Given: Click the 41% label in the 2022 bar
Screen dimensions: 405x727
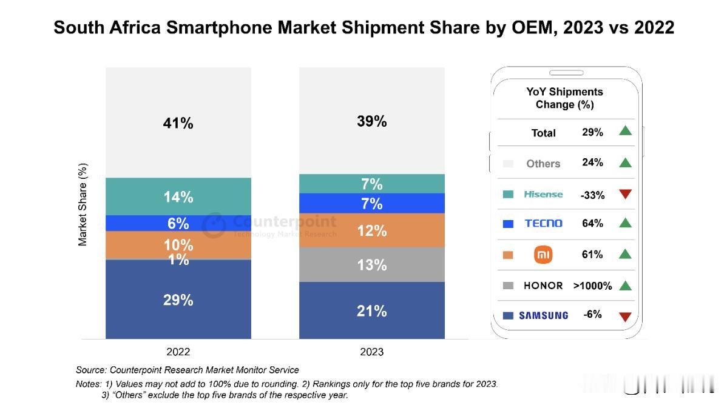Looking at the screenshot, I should [178, 123].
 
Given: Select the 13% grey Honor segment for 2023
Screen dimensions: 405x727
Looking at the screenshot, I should [371, 264].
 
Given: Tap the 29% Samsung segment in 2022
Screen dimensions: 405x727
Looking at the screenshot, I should [178, 300].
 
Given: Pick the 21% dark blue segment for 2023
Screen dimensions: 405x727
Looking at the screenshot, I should [371, 310].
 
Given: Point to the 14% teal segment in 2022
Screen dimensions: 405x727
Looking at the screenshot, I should [178, 196].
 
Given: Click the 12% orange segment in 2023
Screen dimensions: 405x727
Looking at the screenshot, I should [371, 230].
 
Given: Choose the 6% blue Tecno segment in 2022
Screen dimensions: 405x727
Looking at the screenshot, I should [178, 223].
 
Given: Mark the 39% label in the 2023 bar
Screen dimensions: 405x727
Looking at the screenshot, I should [371, 121].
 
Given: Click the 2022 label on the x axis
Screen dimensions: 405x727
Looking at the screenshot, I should [178, 352].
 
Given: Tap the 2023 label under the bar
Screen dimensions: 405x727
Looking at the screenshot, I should [371, 352].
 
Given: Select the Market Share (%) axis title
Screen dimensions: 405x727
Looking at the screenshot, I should [83, 204].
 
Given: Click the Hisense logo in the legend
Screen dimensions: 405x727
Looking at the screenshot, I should [543, 194].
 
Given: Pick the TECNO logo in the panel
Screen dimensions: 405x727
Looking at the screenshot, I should [543, 224].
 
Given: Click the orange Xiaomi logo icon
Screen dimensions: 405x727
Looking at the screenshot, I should [543, 255].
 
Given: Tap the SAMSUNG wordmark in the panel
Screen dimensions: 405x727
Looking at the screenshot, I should [543, 315].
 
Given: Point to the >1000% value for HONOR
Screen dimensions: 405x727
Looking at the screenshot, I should [592, 285].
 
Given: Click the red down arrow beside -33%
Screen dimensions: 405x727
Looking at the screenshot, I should [625, 194].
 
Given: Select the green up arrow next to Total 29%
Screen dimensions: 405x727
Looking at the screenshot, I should [625, 131].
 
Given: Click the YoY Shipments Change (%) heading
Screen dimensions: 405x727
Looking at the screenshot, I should [564, 98].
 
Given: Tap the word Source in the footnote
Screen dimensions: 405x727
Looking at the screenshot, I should [91, 370].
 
